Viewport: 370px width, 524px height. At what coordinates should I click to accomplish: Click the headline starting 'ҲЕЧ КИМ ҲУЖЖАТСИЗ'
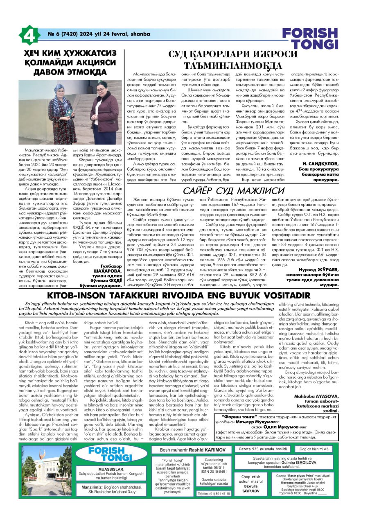click(x=70, y=63)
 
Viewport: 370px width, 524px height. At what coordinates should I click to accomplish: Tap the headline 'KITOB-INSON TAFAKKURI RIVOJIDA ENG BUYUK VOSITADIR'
click(x=185, y=296)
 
